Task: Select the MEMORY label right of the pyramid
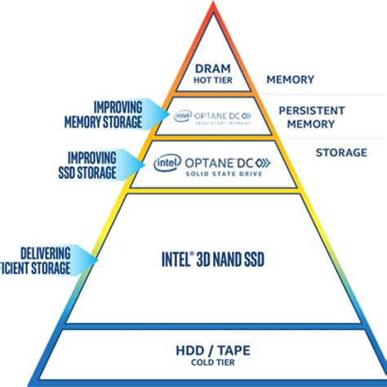click(x=291, y=81)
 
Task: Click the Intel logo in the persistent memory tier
click(x=182, y=115)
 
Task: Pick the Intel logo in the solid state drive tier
click(x=167, y=163)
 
